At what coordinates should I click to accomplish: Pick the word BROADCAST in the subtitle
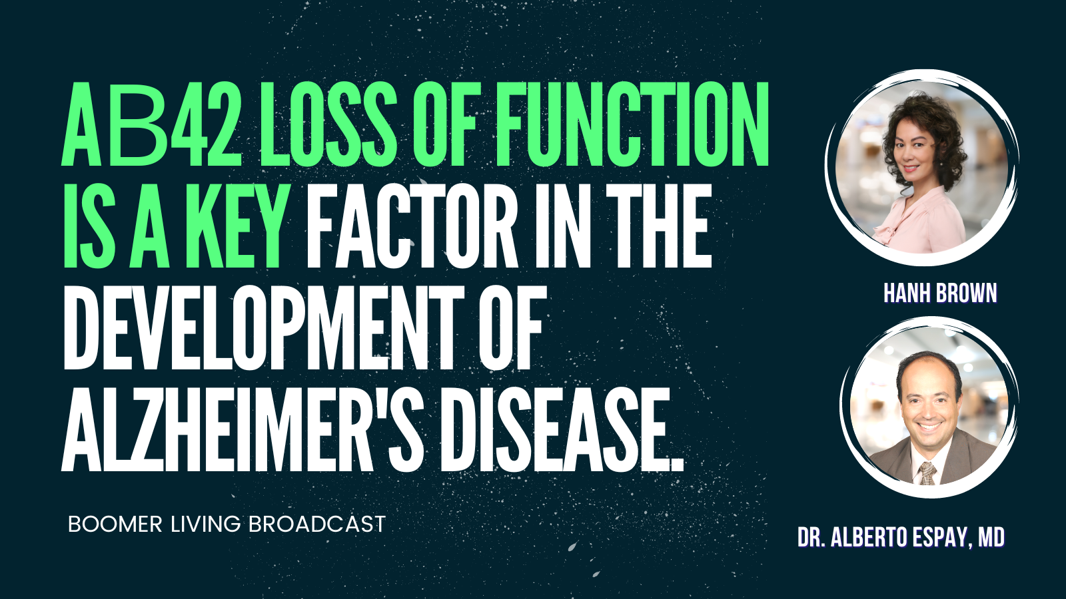[x=316, y=524]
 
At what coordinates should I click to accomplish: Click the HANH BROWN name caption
[x=940, y=294]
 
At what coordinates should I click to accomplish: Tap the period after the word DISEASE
[x=677, y=463]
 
